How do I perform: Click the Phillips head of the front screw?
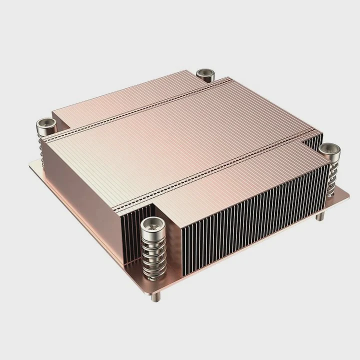click(x=151, y=226)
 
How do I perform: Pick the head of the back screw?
click(x=205, y=74)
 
